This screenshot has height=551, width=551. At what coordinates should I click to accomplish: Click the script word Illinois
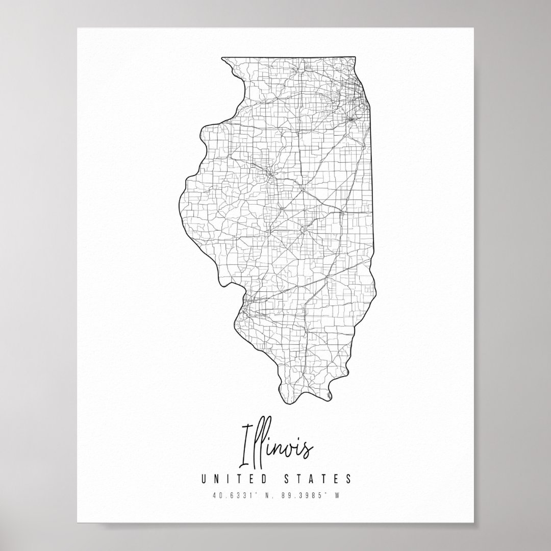pos(276,450)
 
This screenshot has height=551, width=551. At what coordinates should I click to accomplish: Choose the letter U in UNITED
pos(204,479)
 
